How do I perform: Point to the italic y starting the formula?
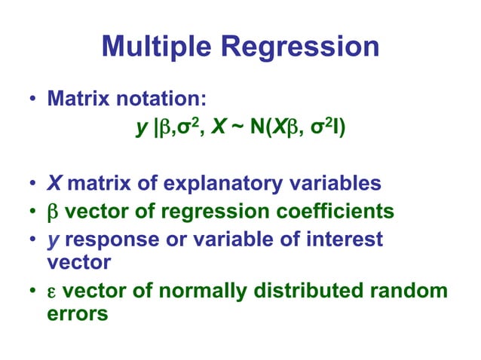click(x=140, y=132)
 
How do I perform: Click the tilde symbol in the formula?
click(x=245, y=131)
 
